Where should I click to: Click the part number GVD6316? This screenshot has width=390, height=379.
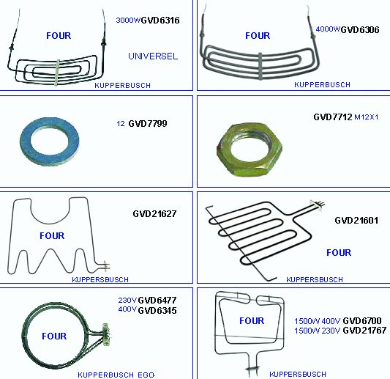point(160,21)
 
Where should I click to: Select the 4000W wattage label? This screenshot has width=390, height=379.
point(328,29)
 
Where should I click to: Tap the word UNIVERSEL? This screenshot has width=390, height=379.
point(153,56)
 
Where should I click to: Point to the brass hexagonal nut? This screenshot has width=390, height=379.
point(250,150)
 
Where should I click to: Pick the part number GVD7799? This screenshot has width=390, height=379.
point(148,123)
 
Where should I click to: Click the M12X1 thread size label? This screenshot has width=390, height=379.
point(366,117)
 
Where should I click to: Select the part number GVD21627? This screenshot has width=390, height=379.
point(154,213)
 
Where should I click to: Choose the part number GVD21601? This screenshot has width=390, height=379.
point(356,220)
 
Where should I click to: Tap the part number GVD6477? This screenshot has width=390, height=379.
point(157,301)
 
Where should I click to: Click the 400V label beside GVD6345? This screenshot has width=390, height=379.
point(127,309)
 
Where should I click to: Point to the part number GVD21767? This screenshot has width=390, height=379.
point(364,331)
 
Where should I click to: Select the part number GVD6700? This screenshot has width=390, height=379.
point(362,320)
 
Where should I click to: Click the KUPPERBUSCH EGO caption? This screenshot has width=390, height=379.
point(116,375)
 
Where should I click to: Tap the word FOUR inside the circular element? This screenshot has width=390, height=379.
point(54,336)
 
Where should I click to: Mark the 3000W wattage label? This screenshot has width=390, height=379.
point(128,20)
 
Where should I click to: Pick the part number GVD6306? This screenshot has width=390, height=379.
point(360,30)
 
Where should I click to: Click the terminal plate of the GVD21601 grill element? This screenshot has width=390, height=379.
point(317,205)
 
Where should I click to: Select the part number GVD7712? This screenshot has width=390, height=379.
point(333,117)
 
